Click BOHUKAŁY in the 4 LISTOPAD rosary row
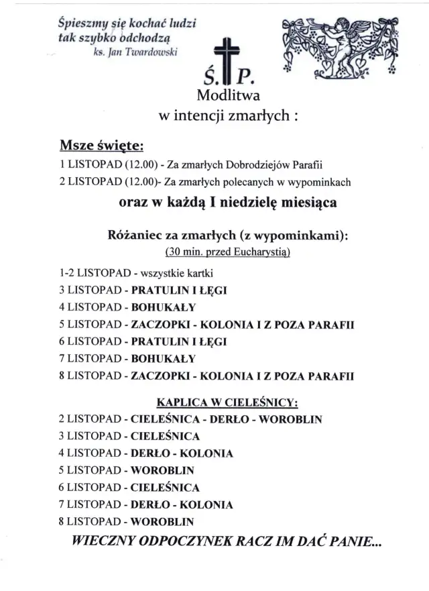pos(164,307)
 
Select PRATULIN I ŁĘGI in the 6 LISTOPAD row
pos(180,341)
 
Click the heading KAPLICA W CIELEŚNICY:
pos(227,403)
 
